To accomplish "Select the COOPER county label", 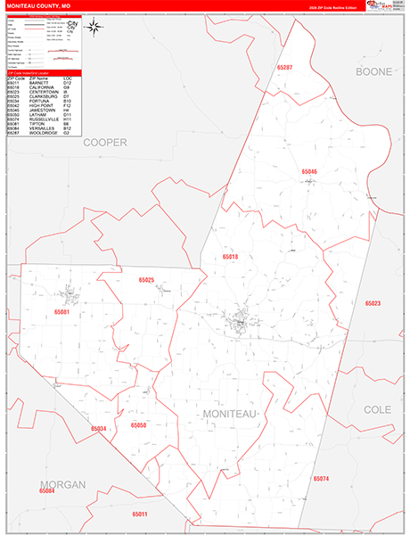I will (x=106, y=142).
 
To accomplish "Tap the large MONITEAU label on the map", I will (x=229, y=415).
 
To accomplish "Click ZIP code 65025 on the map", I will (x=147, y=280).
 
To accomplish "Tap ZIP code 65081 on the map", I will (x=61, y=312).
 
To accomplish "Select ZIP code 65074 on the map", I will (x=321, y=479).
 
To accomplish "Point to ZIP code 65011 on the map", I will (x=139, y=514).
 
